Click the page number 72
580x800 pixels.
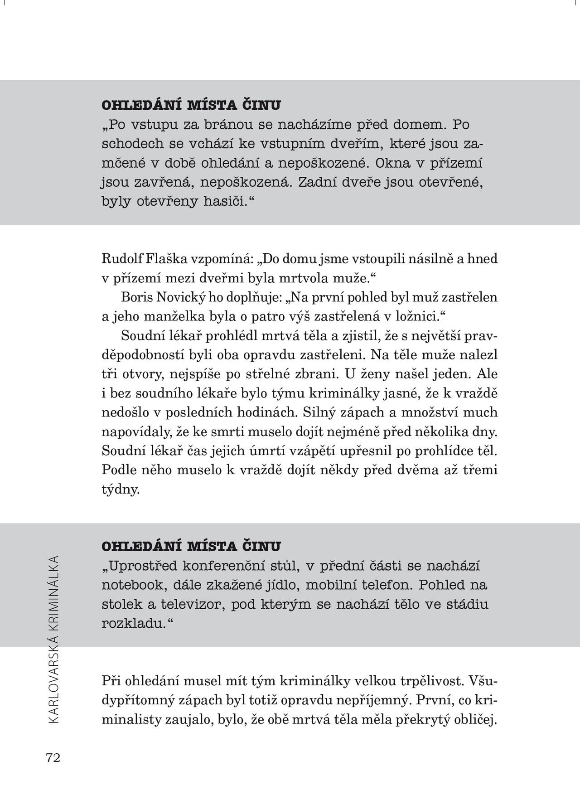tap(53, 758)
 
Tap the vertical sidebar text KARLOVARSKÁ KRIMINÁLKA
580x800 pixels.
tap(53, 639)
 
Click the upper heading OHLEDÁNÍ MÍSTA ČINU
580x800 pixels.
tap(191, 106)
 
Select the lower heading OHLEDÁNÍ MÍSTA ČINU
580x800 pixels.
tap(191, 546)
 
